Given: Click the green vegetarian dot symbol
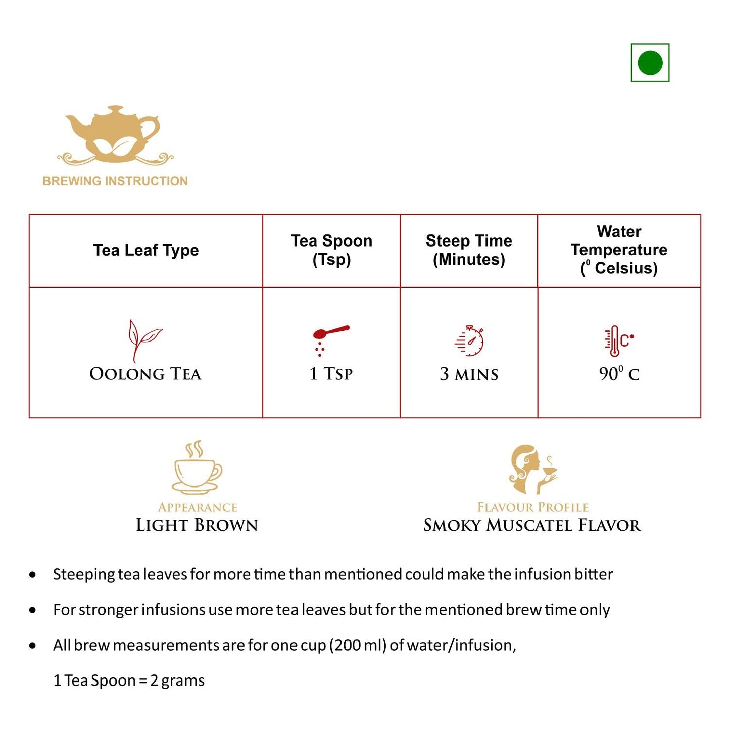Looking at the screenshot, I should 650,63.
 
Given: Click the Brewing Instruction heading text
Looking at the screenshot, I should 115,181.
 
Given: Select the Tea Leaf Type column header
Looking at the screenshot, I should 146,250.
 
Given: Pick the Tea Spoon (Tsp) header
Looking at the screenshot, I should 331,250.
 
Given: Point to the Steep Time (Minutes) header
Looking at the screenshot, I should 469,250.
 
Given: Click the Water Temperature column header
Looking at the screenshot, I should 619,250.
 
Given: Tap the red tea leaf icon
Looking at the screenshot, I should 143,340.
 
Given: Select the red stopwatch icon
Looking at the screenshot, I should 470,341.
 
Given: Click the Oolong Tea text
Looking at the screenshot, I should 145,374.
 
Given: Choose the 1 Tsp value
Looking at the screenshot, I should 331,374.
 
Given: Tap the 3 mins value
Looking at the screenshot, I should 469,374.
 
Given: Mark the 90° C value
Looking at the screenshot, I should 619,374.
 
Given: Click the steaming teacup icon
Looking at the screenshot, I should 197,468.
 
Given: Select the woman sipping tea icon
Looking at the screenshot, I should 532,469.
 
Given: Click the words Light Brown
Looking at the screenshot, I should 197,525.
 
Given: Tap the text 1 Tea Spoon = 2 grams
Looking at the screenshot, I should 129,680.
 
